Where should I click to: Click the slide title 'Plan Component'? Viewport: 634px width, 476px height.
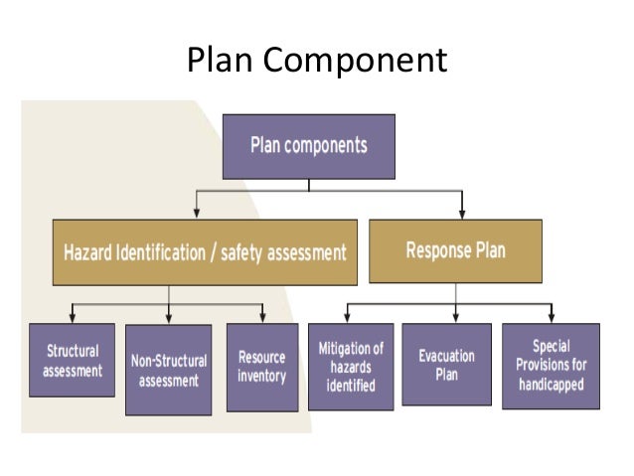click(317, 62)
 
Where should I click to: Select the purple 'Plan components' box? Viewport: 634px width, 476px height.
click(309, 145)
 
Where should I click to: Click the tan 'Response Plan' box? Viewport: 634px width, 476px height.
click(455, 249)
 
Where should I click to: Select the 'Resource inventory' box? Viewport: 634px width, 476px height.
click(261, 366)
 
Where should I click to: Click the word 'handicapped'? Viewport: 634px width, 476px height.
click(550, 382)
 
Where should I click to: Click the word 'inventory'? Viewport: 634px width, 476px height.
click(261, 376)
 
